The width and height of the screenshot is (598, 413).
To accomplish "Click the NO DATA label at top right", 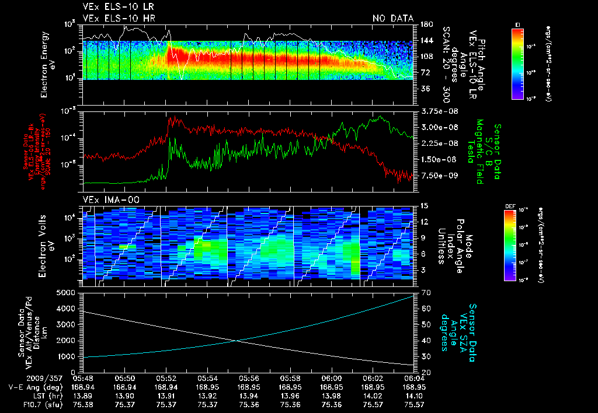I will [x=393, y=18].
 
